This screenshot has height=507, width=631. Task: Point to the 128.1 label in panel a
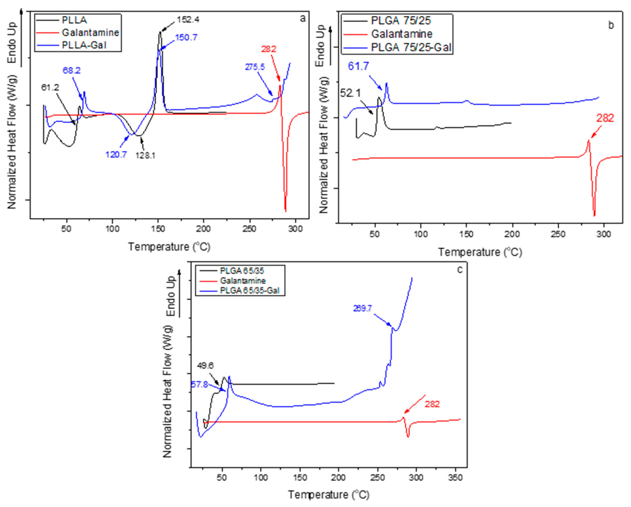coord(145,155)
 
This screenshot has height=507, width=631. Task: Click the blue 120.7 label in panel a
coord(116,154)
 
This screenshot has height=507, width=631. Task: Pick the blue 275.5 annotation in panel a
coord(255,67)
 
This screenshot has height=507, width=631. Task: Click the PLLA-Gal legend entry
coord(84,45)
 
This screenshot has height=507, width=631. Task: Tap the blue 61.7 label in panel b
coord(358,66)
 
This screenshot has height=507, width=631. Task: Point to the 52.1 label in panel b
coord(350,93)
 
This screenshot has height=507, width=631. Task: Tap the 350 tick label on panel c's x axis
coord(455,478)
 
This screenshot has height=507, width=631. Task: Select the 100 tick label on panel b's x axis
coord(421,234)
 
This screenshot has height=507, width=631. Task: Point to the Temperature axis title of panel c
coord(328,495)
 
